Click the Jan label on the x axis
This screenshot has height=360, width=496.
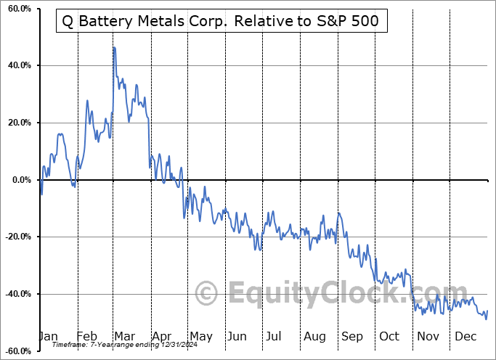pyautogui.click(x=48, y=337)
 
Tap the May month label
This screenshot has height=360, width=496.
pyautogui.click(x=200, y=337)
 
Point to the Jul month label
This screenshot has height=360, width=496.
pyautogui.click(x=273, y=337)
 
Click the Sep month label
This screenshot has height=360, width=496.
pyautogui.click(x=351, y=337)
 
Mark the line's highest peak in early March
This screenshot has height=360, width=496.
pyautogui.click(x=113, y=47)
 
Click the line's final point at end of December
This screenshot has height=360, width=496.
pyautogui.click(x=487, y=311)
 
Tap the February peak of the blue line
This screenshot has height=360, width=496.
pyautogui.click(x=87, y=101)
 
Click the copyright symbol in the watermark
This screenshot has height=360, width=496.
pyautogui.click(x=207, y=293)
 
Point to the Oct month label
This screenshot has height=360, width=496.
pyautogui.click(x=389, y=337)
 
